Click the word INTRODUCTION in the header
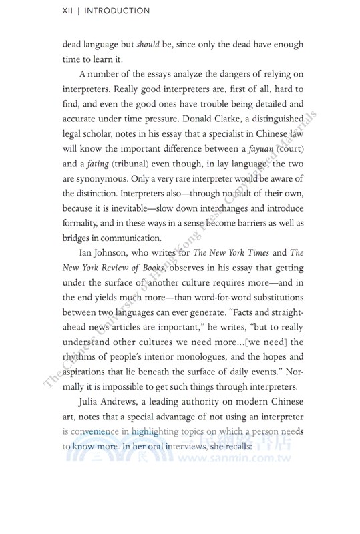coord(116,11)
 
